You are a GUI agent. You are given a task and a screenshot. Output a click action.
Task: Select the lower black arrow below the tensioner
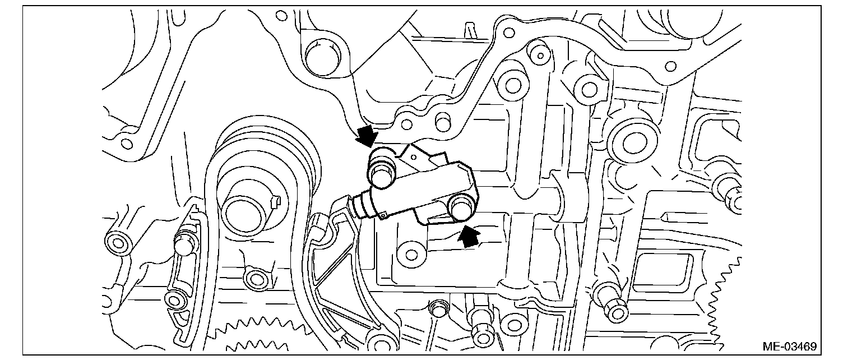[468, 236]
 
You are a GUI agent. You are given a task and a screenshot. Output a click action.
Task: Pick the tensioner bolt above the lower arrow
[462, 209]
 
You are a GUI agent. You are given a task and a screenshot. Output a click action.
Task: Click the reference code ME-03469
[789, 346]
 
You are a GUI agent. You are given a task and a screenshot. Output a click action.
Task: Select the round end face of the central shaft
[246, 215]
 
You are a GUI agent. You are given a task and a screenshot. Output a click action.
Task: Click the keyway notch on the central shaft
[274, 200]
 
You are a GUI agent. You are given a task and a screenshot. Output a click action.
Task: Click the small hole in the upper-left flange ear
[127, 144]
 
